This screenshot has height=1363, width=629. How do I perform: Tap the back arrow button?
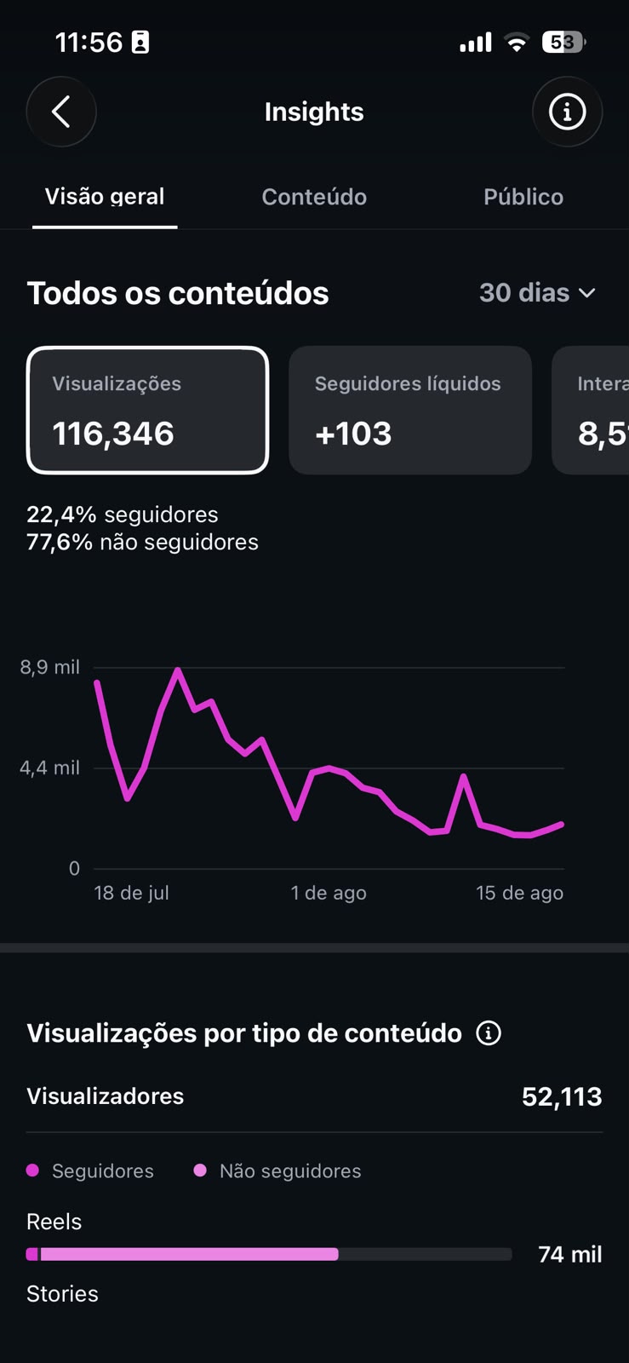[x=60, y=112]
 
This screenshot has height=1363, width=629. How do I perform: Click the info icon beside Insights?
[x=567, y=112]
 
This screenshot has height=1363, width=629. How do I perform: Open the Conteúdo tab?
[x=314, y=197]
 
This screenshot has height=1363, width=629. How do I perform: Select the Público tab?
[x=523, y=197]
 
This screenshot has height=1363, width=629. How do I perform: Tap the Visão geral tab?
[x=105, y=197]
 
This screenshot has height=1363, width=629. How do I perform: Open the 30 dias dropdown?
[x=537, y=293]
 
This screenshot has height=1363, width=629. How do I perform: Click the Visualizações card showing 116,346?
[x=148, y=410]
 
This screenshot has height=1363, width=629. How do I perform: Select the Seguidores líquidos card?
[x=410, y=410]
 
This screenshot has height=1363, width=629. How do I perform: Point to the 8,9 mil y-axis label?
[x=50, y=667]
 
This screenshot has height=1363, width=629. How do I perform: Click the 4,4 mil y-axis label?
[x=50, y=768]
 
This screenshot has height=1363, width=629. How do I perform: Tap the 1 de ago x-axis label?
[x=329, y=893]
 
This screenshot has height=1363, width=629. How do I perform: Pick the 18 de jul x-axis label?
[x=131, y=893]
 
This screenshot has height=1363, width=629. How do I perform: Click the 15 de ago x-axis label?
[x=519, y=893]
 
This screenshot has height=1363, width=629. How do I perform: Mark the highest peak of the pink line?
[x=178, y=670]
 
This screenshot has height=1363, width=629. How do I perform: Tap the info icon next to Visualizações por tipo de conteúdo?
[x=489, y=1032]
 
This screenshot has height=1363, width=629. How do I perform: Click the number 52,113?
[x=562, y=1096]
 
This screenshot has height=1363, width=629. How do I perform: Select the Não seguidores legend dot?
[x=200, y=1170]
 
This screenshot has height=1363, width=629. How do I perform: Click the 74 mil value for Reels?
[x=570, y=1254]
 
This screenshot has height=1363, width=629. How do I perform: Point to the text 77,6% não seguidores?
[x=142, y=542]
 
